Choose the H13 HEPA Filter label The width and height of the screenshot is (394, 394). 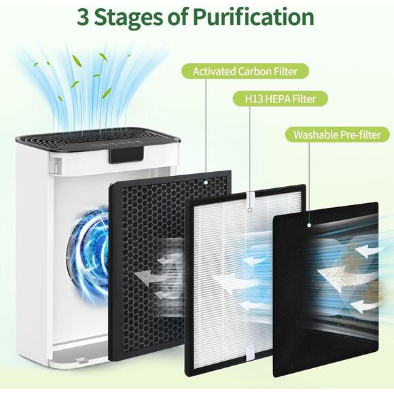[x=288, y=99]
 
